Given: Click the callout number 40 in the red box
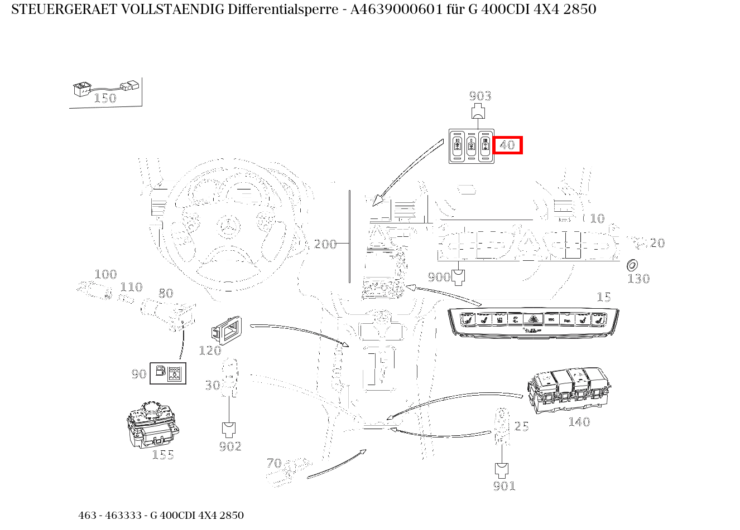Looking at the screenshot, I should (507, 145).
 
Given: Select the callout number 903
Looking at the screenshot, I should (480, 96).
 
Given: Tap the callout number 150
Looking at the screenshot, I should (104, 99).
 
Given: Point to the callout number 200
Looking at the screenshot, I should (325, 244).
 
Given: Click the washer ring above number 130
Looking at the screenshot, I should (633, 265).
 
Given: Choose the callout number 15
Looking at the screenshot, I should (603, 298).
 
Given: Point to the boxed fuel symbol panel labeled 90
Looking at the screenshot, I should (168, 373).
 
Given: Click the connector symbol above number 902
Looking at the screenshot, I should (229, 429).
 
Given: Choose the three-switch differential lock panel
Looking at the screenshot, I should (471, 146).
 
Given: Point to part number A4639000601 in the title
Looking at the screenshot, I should (397, 9).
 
